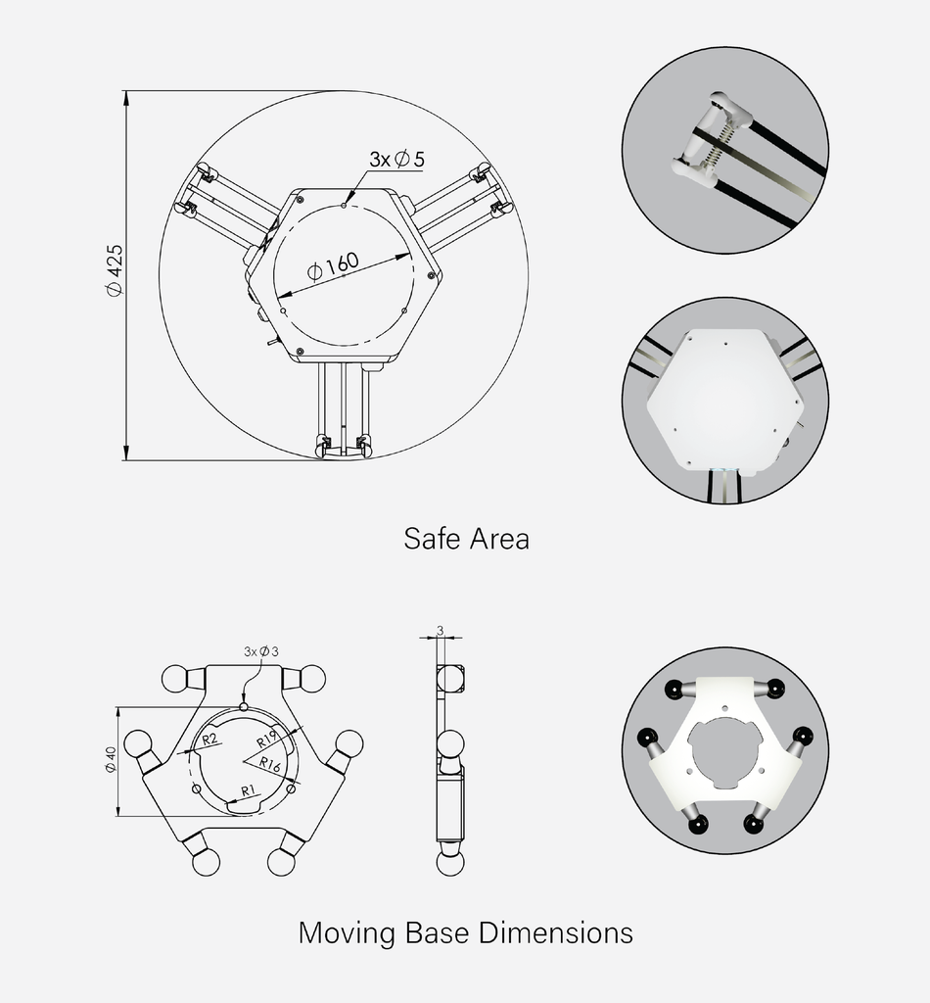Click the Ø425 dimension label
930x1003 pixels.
(x=114, y=270)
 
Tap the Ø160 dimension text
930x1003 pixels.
(x=333, y=266)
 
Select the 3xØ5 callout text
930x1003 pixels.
(x=395, y=158)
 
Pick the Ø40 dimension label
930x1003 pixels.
(x=111, y=760)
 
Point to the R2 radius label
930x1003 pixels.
(x=209, y=739)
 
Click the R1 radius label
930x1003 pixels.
(x=249, y=788)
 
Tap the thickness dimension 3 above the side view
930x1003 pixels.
(x=442, y=630)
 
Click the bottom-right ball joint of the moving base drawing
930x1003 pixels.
(x=282, y=862)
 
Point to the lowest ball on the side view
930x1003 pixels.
(x=450, y=862)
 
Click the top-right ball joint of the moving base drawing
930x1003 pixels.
(x=311, y=678)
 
